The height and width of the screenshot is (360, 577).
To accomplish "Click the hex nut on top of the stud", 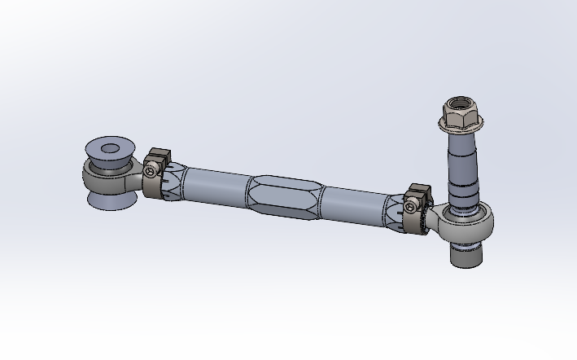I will pyautogui.click(x=458, y=115).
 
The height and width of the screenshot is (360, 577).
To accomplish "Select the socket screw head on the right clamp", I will pyautogui.click(x=413, y=207).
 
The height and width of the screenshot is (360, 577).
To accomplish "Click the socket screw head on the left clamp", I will pyautogui.click(x=151, y=170).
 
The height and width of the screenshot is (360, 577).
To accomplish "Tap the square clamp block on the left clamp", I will pyautogui.click(x=159, y=156).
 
